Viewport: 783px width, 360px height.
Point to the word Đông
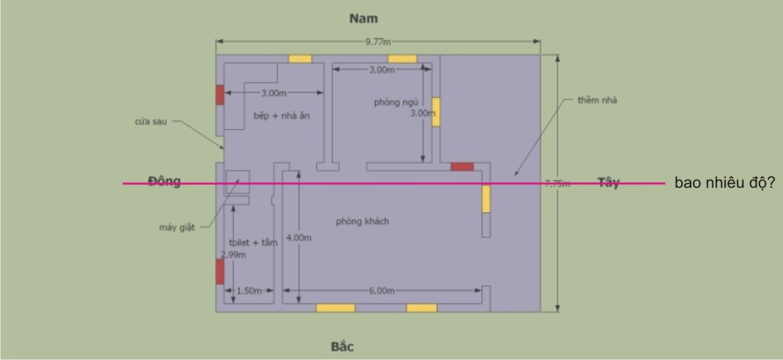click(164, 182)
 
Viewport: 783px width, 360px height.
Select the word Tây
click(608, 182)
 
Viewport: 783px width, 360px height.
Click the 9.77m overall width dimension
click(374, 41)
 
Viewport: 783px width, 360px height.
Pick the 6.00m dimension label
click(381, 291)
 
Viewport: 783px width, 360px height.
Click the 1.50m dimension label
click(249, 291)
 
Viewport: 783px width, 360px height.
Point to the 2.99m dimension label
click(233, 255)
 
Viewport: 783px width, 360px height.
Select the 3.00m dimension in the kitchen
click(273, 94)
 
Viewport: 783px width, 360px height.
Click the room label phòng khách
click(363, 221)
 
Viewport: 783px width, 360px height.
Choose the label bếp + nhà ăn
click(278, 116)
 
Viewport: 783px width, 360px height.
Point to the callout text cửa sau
click(149, 121)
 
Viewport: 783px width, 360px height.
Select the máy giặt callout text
click(175, 228)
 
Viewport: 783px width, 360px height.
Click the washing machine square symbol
click(237, 182)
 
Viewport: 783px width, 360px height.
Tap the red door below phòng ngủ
click(462, 167)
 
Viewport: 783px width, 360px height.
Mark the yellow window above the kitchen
click(300, 59)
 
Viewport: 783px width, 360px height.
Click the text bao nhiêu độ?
click(725, 183)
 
